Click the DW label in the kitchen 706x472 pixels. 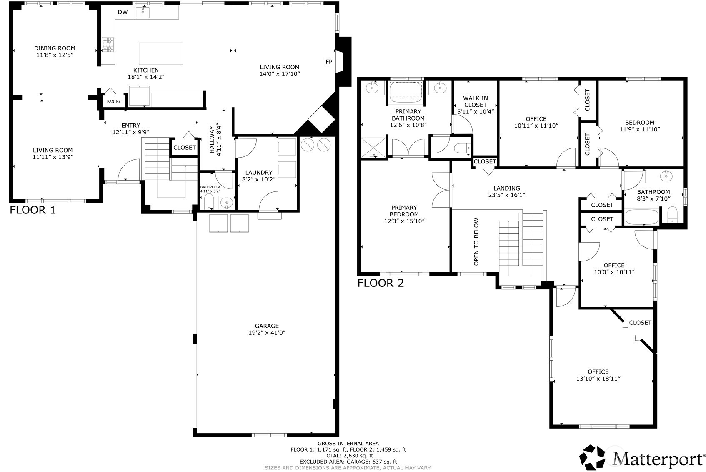point(123,12)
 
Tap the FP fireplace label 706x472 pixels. point(329,62)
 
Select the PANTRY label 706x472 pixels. point(114,101)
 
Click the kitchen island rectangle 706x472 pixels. point(160,53)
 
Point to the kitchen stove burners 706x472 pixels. point(108,45)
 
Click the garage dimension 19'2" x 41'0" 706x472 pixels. point(267,333)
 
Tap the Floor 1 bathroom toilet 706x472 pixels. point(209,201)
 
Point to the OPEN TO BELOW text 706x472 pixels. point(476,242)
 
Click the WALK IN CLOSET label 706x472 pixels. point(475,102)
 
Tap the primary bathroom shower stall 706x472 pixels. point(374,147)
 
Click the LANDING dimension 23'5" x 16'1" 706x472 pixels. point(506,195)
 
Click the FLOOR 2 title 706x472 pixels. point(381,284)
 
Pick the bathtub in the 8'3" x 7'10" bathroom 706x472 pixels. point(642,217)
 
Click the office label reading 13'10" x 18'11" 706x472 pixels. point(598,379)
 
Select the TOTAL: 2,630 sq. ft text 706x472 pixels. point(348,456)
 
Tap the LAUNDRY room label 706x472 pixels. point(259,173)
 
